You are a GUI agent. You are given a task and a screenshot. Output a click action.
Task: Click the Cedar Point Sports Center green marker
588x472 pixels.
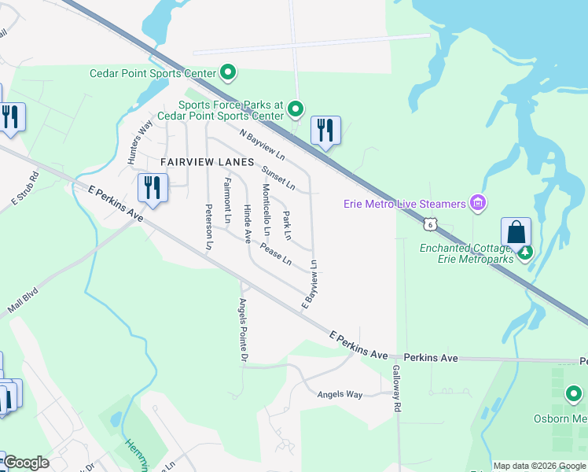tap(228, 74)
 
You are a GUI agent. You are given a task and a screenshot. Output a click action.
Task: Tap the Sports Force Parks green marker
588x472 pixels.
tap(296, 109)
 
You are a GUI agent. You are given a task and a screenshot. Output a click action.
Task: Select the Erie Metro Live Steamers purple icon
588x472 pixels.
tap(476, 204)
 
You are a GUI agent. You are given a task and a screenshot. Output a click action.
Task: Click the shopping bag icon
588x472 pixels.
tap(516, 232)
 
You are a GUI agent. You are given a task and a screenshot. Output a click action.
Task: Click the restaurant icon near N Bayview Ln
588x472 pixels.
tap(325, 130)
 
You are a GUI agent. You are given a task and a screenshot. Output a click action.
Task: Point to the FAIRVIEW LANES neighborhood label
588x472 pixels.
tap(208, 162)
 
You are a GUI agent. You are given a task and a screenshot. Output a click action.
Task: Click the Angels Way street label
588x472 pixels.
tap(340, 394)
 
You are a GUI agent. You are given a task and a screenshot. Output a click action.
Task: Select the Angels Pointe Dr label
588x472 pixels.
tap(244, 331)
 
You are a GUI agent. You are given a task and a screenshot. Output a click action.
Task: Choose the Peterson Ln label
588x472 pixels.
tap(209, 227)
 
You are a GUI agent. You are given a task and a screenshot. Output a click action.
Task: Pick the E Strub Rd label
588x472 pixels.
tap(24, 190)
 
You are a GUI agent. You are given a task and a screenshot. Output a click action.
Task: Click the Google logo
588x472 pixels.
tap(25, 463)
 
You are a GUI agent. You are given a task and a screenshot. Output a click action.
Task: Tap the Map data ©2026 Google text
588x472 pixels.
tap(538, 466)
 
